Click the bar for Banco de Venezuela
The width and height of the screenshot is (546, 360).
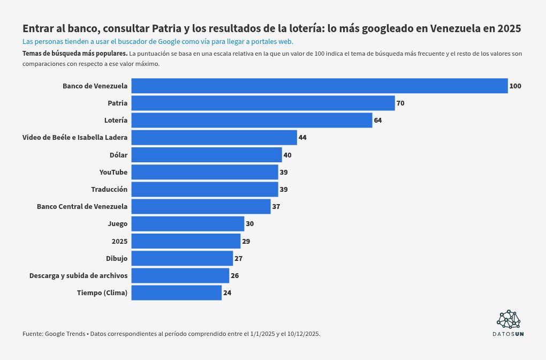click(319, 86)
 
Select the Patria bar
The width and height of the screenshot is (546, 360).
click(263, 103)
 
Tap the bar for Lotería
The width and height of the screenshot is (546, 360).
click(252, 120)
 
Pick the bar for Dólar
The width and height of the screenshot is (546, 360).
click(206, 155)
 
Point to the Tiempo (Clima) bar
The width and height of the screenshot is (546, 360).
click(176, 292)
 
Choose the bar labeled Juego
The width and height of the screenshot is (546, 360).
click(187, 223)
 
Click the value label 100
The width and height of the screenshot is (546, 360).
click(515, 86)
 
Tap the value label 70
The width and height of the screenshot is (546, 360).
click(400, 103)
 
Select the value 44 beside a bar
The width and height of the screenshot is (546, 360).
click(302, 138)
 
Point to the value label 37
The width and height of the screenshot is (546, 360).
click(276, 206)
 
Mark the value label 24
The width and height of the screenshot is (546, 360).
click(227, 292)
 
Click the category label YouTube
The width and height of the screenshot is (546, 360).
click(113, 172)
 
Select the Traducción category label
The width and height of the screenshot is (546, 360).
click(109, 189)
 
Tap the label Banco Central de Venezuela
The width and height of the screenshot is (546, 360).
click(82, 206)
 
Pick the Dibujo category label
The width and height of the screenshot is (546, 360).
click(117, 258)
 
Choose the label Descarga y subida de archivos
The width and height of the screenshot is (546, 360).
click(78, 275)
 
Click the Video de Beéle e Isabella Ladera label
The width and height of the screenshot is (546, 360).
click(75, 138)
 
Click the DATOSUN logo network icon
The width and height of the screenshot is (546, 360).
click(509, 319)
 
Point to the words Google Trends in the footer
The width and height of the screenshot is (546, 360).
click(65, 334)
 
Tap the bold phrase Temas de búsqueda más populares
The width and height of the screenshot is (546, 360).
click(74, 54)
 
